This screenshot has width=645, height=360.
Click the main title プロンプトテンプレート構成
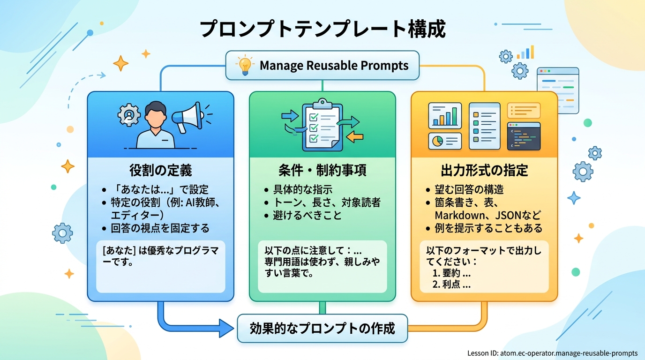coord(322,29)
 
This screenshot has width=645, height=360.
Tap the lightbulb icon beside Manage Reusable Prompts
coord(245,65)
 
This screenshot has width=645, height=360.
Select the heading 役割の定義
coord(161,170)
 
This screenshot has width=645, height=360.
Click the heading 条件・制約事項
coord(322,170)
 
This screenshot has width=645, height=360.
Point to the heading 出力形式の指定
coord(484,170)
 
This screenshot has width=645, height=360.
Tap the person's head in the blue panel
coord(156,114)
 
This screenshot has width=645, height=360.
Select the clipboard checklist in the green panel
coord(322,124)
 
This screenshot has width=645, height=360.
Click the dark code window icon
coord(524,136)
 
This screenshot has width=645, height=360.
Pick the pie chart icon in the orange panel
coord(437,141)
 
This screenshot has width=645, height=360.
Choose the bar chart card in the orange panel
coord(445,115)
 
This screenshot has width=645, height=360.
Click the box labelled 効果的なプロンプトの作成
coord(322,328)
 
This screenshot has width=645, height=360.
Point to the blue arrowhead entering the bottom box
coord(226,328)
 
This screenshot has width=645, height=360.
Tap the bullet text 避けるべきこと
coord(307,216)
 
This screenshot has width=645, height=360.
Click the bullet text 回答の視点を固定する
coord(160,228)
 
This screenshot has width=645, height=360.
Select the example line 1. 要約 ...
coord(451,273)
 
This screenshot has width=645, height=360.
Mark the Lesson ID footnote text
coord(552,353)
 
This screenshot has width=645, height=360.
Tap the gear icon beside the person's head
coord(129,115)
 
